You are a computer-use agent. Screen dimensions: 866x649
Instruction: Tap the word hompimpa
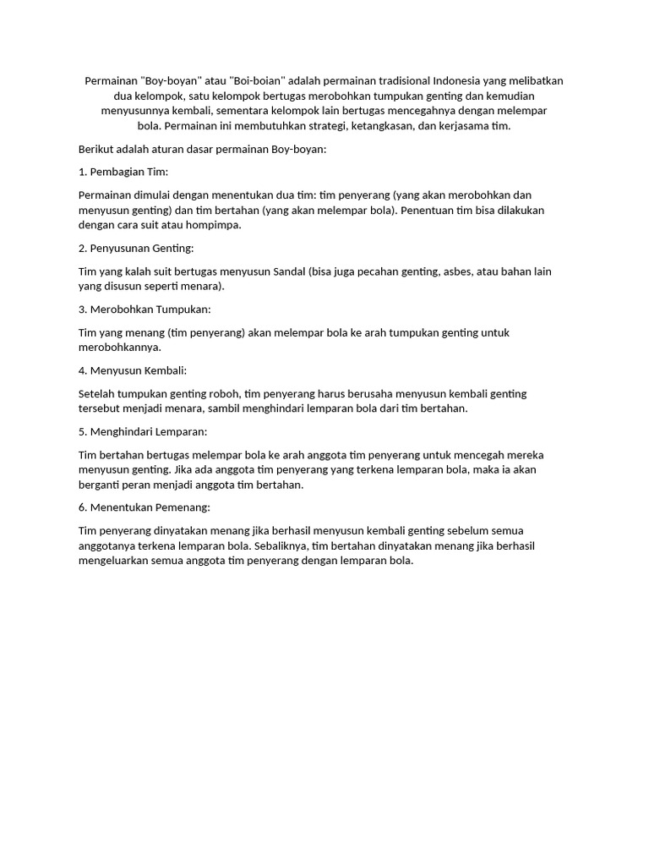pyautogui.click(x=215, y=225)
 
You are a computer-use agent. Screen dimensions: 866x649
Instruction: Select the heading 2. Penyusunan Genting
pyautogui.click(x=136, y=248)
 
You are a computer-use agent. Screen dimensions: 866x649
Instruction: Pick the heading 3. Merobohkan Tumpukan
pyautogui.click(x=145, y=309)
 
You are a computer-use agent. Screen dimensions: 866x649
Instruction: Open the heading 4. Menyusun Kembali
pyautogui.click(x=132, y=370)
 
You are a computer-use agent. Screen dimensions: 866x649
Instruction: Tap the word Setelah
pyautogui.click(x=97, y=393)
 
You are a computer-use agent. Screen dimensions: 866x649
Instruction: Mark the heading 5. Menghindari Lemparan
pyautogui.click(x=142, y=431)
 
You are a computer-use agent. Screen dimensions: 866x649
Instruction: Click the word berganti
pyautogui.click(x=99, y=485)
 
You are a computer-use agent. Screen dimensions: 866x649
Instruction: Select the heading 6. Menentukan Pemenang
pyautogui.click(x=144, y=507)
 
